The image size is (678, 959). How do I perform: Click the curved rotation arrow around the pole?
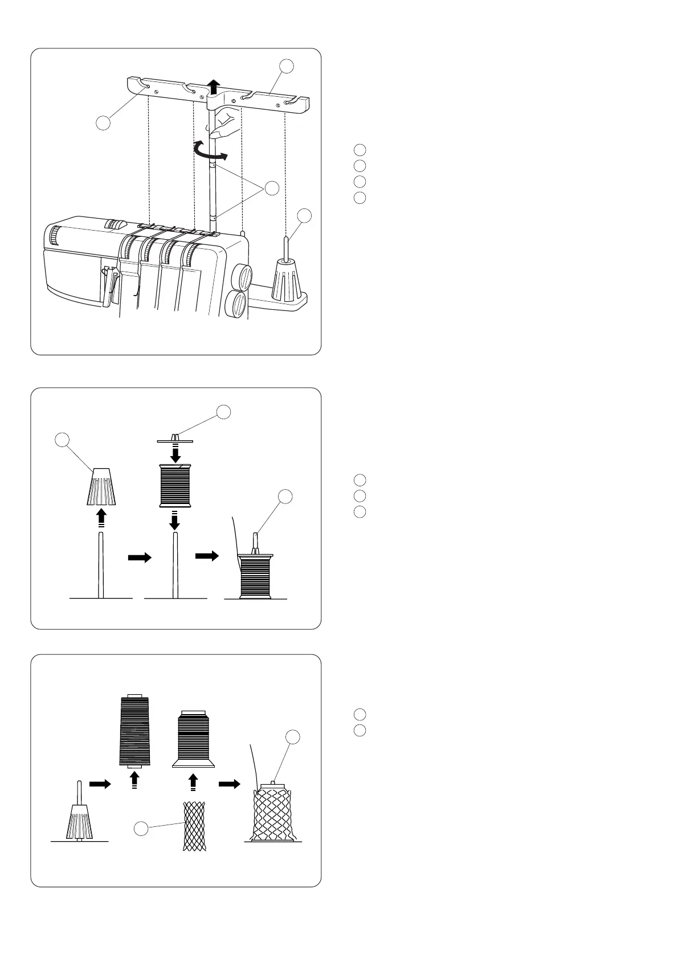click(211, 150)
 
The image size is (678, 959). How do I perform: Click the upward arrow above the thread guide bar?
click(214, 87)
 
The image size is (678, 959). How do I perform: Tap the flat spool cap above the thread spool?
click(175, 439)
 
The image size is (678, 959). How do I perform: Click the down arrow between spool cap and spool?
click(175, 453)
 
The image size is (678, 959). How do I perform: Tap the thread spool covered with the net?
click(272, 812)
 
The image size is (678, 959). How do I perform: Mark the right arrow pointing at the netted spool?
click(229, 784)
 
